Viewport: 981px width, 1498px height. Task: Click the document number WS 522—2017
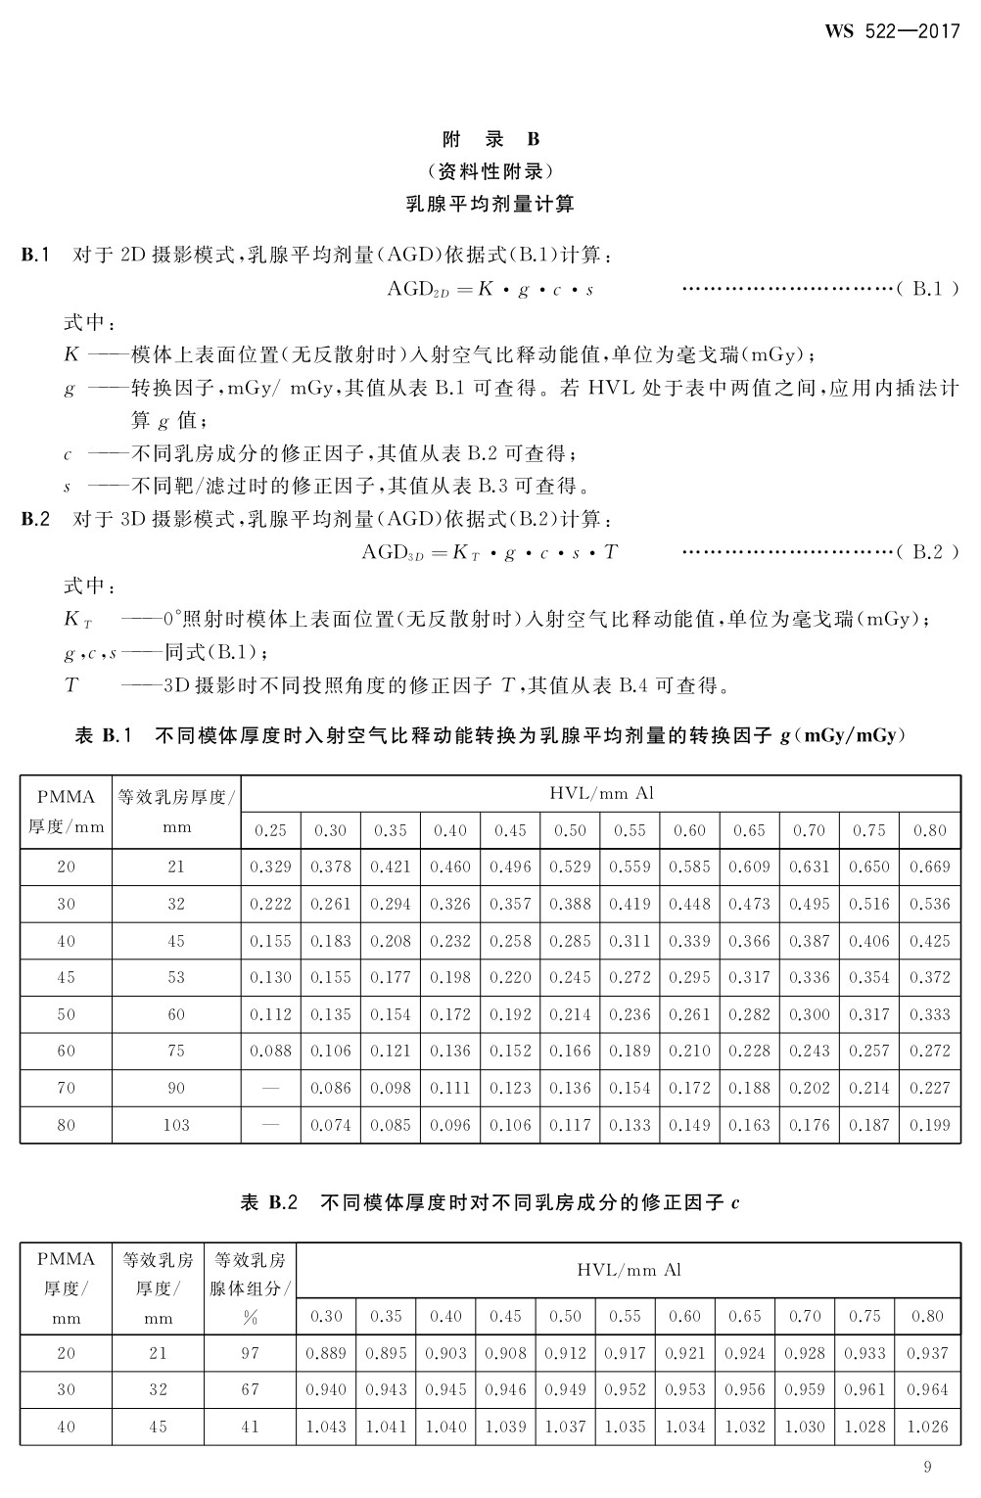pyautogui.click(x=892, y=30)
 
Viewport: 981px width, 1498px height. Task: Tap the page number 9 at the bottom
pyautogui.click(x=927, y=1466)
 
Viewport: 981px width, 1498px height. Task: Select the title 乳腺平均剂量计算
pyautogui.click(x=490, y=204)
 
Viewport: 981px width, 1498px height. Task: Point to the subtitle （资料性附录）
pyautogui.click(x=490, y=171)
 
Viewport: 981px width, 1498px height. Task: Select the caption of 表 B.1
pyautogui.click(x=490, y=735)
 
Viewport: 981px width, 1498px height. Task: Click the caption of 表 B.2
pyautogui.click(x=490, y=1202)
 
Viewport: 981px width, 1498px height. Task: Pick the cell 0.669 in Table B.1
pyautogui.click(x=929, y=866)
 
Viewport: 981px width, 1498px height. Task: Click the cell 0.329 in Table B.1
pyautogui.click(x=270, y=866)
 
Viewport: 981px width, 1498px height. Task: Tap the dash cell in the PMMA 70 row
pyautogui.click(x=270, y=1088)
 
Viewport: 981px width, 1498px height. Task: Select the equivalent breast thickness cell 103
pyautogui.click(x=176, y=1125)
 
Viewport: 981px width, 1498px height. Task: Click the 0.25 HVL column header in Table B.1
pyautogui.click(x=270, y=830)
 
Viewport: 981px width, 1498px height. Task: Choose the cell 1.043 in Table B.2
pyautogui.click(x=326, y=1427)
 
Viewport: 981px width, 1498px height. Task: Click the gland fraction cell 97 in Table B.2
pyautogui.click(x=251, y=1353)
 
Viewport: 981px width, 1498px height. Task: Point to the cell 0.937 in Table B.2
pyautogui.click(x=927, y=1353)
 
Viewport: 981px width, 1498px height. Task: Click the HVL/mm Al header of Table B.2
pyautogui.click(x=628, y=1270)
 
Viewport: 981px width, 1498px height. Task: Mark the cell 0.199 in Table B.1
pyautogui.click(x=929, y=1125)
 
